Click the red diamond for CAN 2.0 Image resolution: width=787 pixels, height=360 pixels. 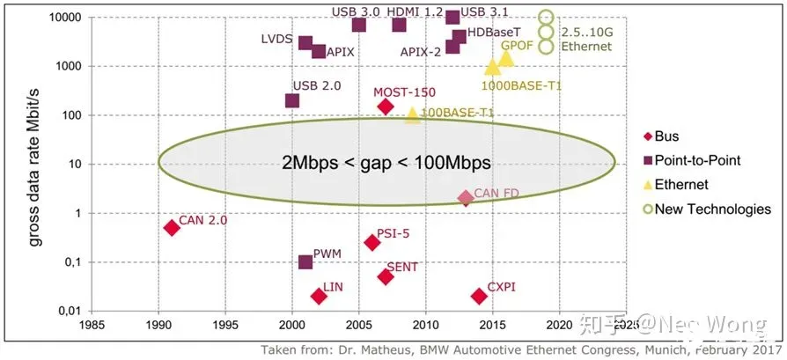click(x=172, y=227)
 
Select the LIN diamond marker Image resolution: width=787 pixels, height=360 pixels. click(x=319, y=296)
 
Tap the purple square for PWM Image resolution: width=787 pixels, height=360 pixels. click(x=305, y=262)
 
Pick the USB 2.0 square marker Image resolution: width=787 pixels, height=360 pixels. click(x=292, y=101)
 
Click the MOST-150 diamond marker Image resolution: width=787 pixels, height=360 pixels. click(x=386, y=107)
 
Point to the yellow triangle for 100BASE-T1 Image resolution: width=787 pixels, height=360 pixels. click(x=412, y=114)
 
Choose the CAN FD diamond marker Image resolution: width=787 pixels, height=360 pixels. click(x=466, y=198)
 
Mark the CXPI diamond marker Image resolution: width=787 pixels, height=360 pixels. click(x=479, y=296)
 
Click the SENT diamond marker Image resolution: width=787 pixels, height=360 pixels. click(x=386, y=276)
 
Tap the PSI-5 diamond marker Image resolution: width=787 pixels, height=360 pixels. click(x=371, y=242)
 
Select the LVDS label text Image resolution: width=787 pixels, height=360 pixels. click(x=277, y=40)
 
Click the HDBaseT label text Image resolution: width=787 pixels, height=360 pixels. click(x=493, y=31)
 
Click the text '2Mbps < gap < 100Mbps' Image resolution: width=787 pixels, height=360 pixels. click(x=386, y=163)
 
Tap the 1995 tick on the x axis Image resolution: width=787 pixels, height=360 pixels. click(x=225, y=324)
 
